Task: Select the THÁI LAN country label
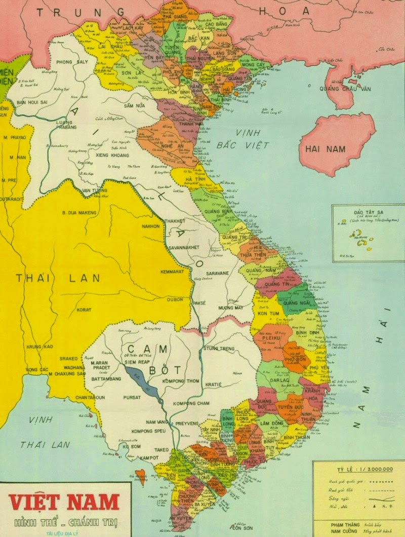point(58,278)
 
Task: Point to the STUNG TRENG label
point(220,349)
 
